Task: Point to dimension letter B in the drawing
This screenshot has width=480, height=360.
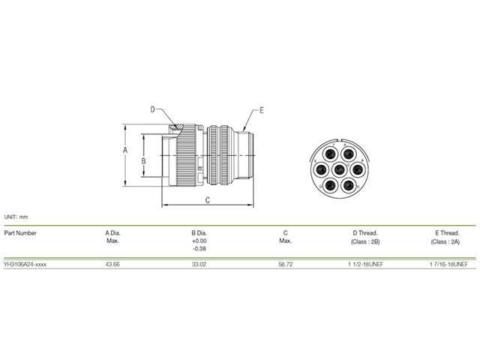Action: click(149, 160)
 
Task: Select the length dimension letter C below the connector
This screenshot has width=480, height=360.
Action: click(207, 200)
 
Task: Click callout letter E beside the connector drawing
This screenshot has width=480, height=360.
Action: click(261, 110)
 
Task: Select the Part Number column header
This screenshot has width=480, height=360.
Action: click(20, 232)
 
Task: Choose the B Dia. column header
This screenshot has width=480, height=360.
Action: click(199, 232)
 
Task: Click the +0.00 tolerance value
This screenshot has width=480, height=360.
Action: click(199, 241)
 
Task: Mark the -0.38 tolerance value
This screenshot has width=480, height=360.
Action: click(199, 248)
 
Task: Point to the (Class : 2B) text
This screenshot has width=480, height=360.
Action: click(365, 241)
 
